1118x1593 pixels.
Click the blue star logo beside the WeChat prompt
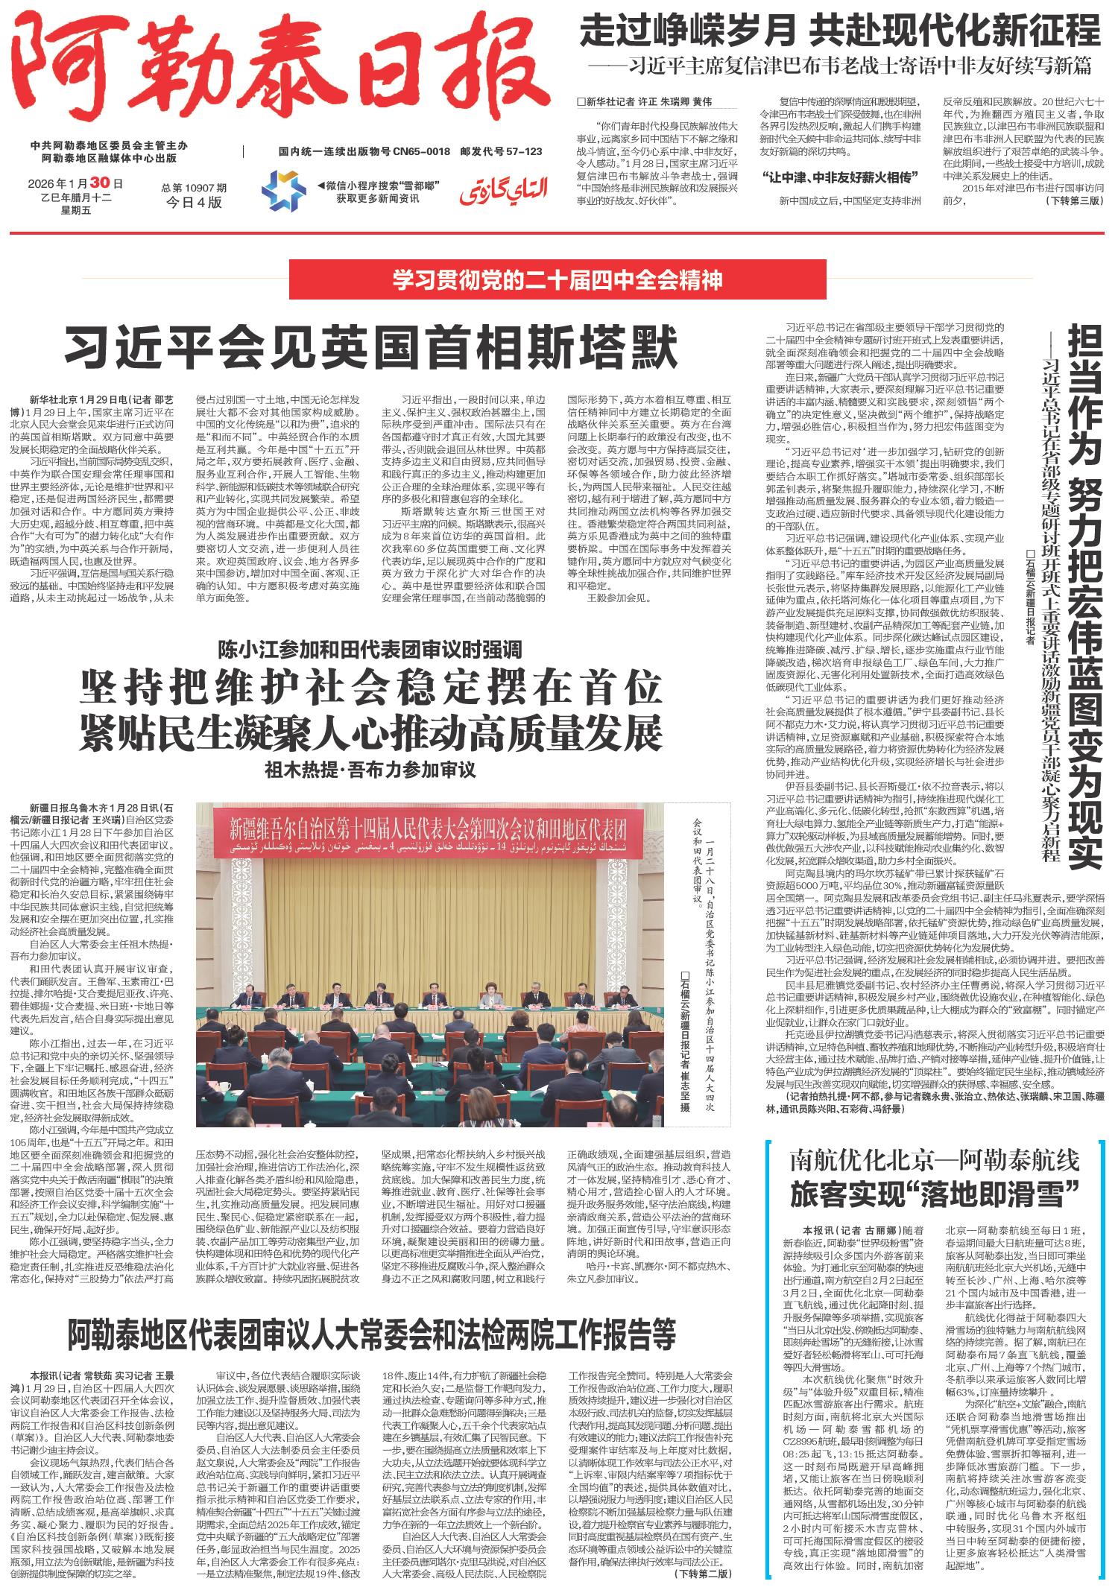[282, 191]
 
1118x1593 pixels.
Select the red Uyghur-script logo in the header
[504, 190]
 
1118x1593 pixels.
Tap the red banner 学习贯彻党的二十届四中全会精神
[558, 280]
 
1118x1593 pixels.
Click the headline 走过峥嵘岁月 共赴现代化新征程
[840, 31]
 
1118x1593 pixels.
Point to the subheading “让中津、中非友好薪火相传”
[840, 177]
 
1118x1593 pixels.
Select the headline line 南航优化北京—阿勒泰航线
[935, 1160]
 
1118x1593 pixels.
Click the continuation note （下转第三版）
[1074, 201]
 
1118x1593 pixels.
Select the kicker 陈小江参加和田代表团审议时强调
[370, 650]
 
